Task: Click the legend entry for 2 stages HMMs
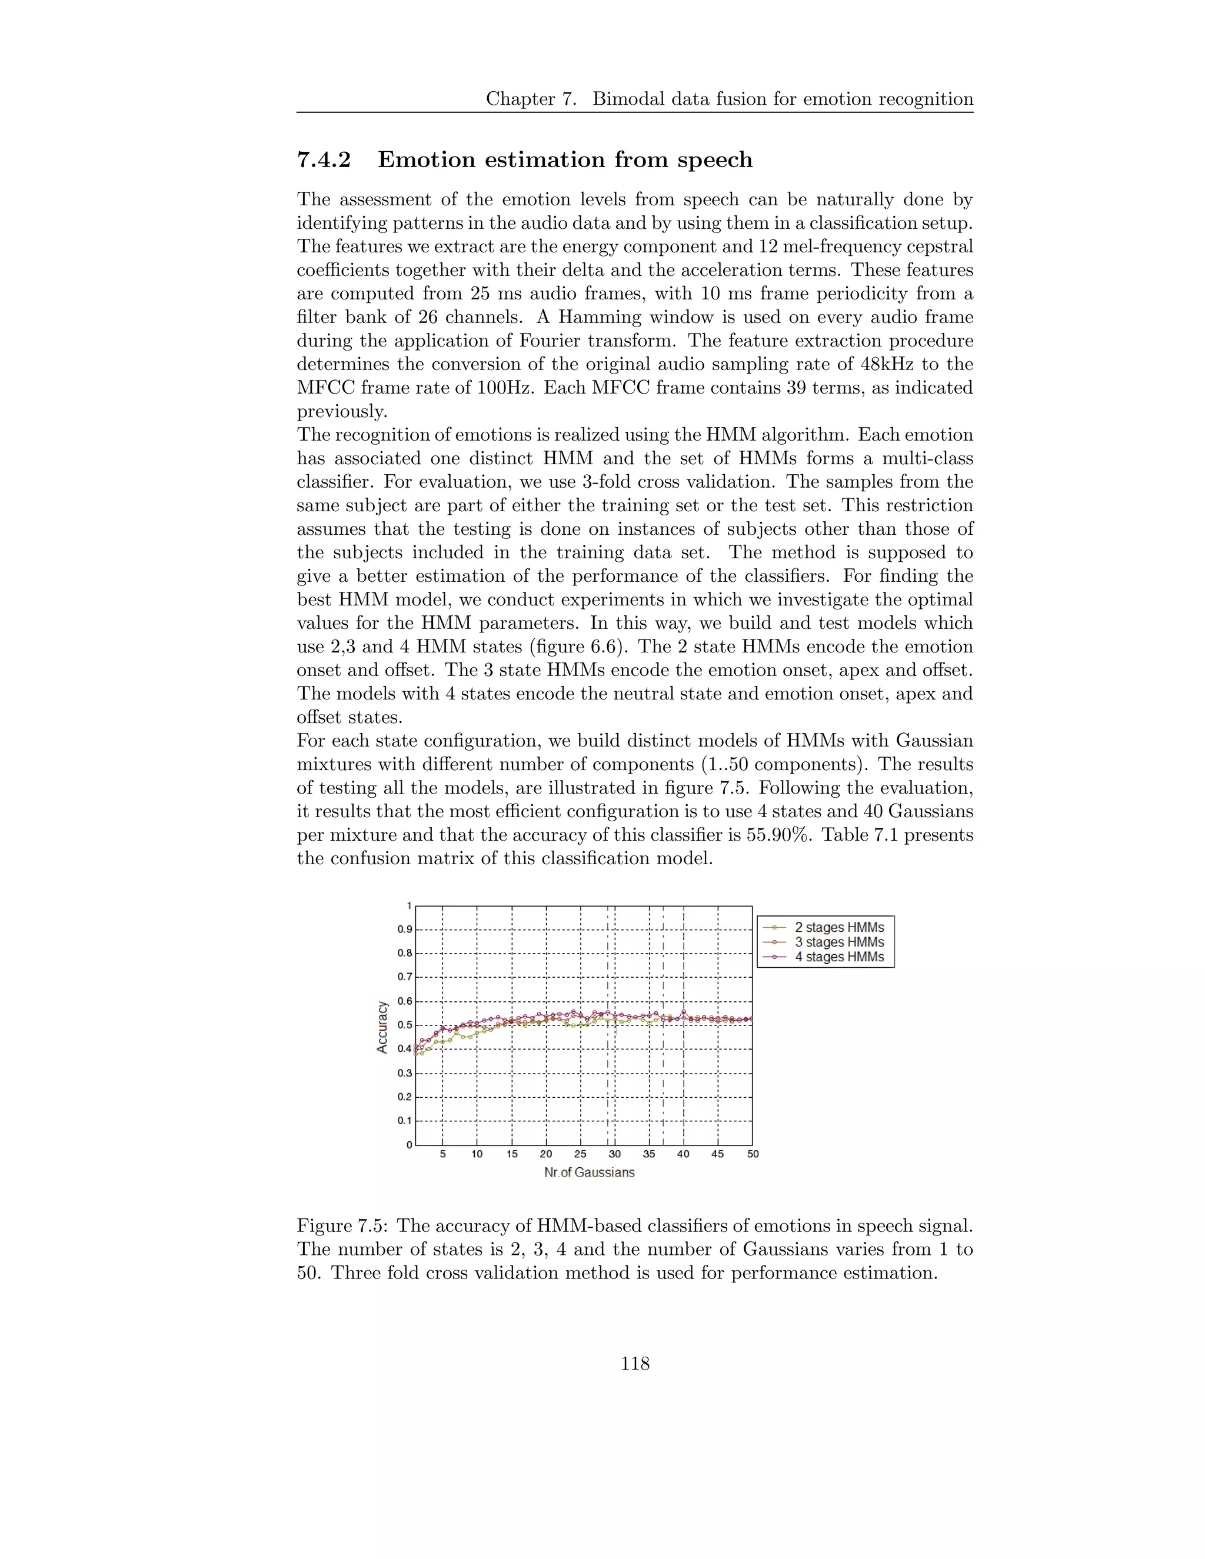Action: pyautogui.click(x=839, y=927)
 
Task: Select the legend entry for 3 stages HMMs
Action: pyautogui.click(x=839, y=942)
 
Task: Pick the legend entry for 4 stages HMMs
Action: pyautogui.click(x=839, y=957)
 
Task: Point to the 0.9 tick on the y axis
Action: pyautogui.click(x=405, y=930)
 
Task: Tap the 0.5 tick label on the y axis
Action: pyautogui.click(x=405, y=1025)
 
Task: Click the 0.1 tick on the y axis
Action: pyautogui.click(x=405, y=1121)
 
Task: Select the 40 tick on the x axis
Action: pyautogui.click(x=683, y=1154)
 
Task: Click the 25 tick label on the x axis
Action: pyautogui.click(x=580, y=1154)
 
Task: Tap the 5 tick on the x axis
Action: pyautogui.click(x=442, y=1154)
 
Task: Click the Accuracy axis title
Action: pyautogui.click(x=382, y=1027)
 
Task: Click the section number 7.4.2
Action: pyautogui.click(x=324, y=160)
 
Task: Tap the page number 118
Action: pyautogui.click(x=635, y=1364)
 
